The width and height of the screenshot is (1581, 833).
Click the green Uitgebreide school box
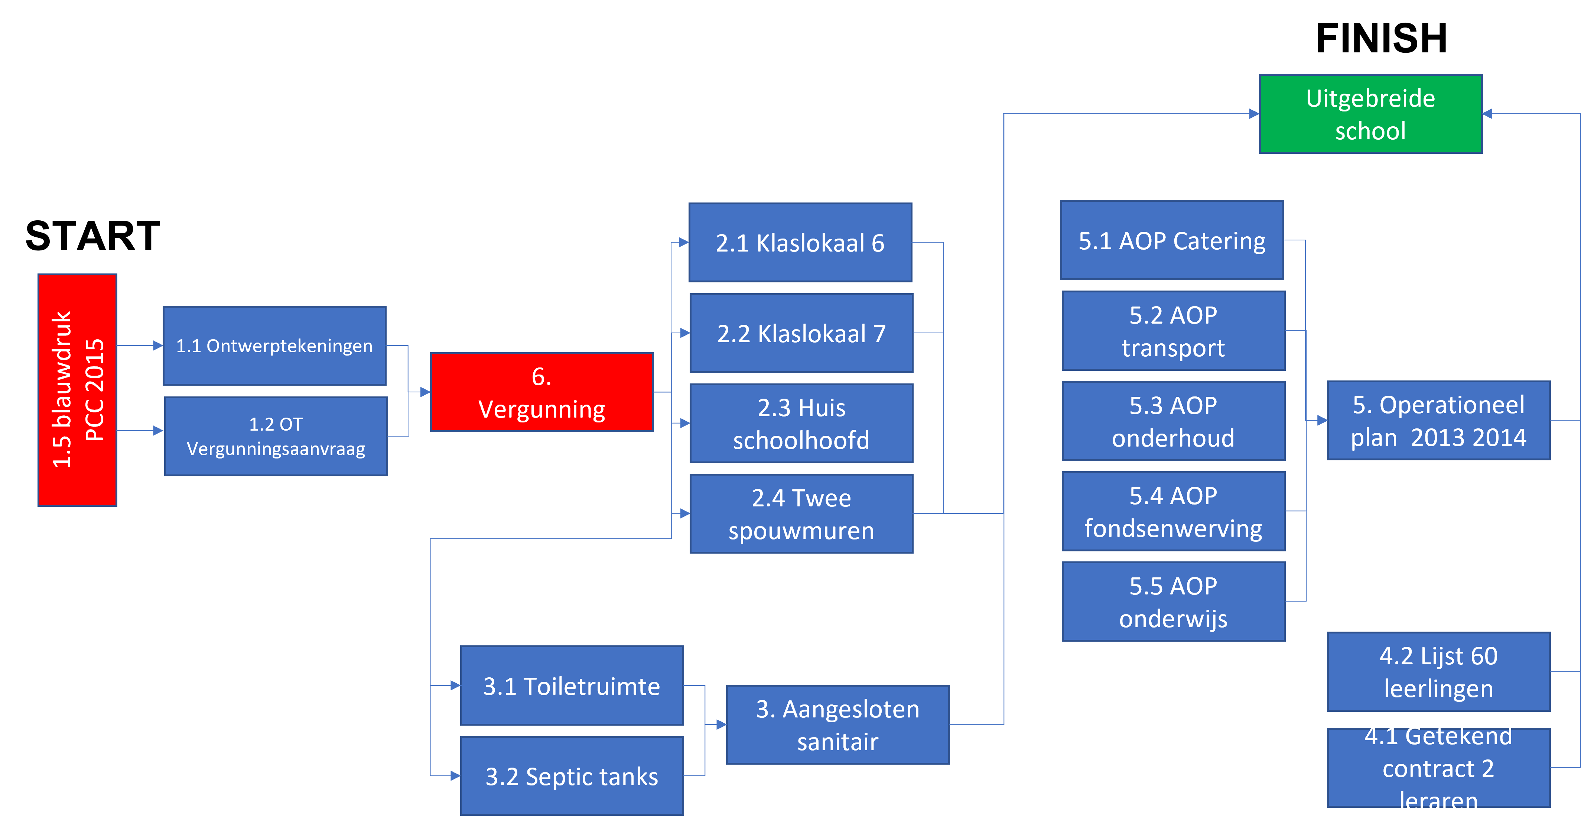(1370, 114)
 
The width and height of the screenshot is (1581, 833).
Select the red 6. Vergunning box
(542, 392)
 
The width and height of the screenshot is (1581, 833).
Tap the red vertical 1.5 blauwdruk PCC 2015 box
(77, 390)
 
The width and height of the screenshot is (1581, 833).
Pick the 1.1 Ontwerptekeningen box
(274, 346)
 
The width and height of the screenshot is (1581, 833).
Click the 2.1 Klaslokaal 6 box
(800, 243)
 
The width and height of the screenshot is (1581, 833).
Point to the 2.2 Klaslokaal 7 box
(801, 333)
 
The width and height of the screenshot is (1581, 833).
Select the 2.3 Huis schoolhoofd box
(801, 424)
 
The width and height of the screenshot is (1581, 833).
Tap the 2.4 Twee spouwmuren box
(801, 514)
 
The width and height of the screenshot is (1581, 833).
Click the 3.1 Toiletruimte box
(572, 685)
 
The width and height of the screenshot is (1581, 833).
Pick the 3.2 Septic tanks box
(572, 776)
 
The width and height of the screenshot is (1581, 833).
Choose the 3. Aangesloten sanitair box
(838, 725)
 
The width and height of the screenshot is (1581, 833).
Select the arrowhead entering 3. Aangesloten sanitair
(721, 725)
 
